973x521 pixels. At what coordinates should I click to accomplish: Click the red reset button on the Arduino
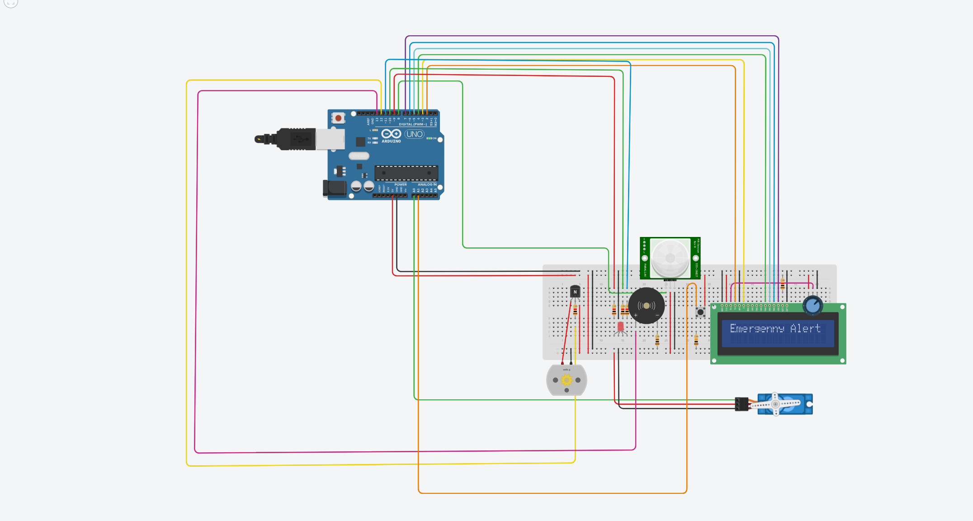(338, 118)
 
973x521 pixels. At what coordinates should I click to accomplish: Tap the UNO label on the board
(414, 134)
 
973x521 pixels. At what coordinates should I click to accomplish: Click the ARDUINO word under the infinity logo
(391, 141)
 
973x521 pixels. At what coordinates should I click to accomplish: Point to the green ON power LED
(429, 138)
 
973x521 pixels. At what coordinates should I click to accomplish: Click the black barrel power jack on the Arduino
(334, 189)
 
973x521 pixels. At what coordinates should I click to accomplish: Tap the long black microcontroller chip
(406, 173)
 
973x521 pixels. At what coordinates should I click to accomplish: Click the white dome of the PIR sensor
(670, 258)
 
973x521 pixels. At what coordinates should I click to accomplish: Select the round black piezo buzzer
(647, 306)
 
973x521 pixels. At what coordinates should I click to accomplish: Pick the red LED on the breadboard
(620, 327)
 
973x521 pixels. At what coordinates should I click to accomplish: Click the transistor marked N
(575, 292)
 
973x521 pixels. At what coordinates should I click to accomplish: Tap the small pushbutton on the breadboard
(700, 312)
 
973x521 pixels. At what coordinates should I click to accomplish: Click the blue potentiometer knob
(812, 305)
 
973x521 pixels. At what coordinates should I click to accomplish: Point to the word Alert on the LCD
(805, 328)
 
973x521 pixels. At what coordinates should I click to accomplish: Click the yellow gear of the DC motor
(567, 380)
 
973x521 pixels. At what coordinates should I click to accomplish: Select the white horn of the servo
(776, 404)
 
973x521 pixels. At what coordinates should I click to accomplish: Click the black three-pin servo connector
(742, 404)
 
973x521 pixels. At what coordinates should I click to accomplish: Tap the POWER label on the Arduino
(401, 185)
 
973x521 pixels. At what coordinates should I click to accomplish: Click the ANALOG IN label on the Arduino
(427, 185)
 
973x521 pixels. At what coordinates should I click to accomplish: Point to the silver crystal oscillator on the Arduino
(359, 156)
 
